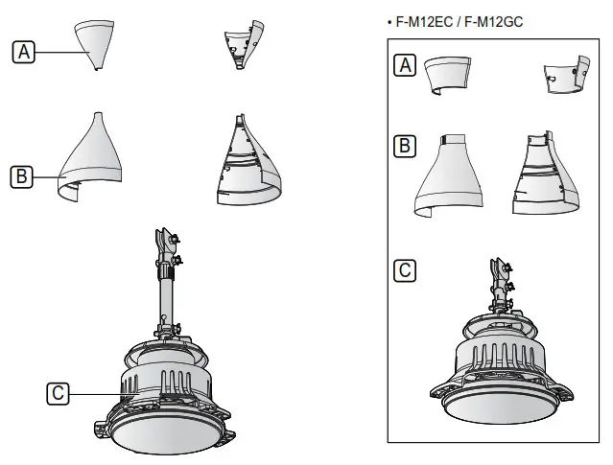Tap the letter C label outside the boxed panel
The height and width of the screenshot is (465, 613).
pyautogui.click(x=59, y=392)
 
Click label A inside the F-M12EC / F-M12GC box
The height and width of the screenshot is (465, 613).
pyautogui.click(x=406, y=65)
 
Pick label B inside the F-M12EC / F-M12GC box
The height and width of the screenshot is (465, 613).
pyautogui.click(x=406, y=147)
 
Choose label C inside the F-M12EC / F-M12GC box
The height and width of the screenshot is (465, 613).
pyautogui.click(x=406, y=270)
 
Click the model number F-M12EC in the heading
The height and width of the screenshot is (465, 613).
pyautogui.click(x=423, y=20)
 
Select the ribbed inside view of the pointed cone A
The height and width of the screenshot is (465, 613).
pyautogui.click(x=242, y=42)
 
